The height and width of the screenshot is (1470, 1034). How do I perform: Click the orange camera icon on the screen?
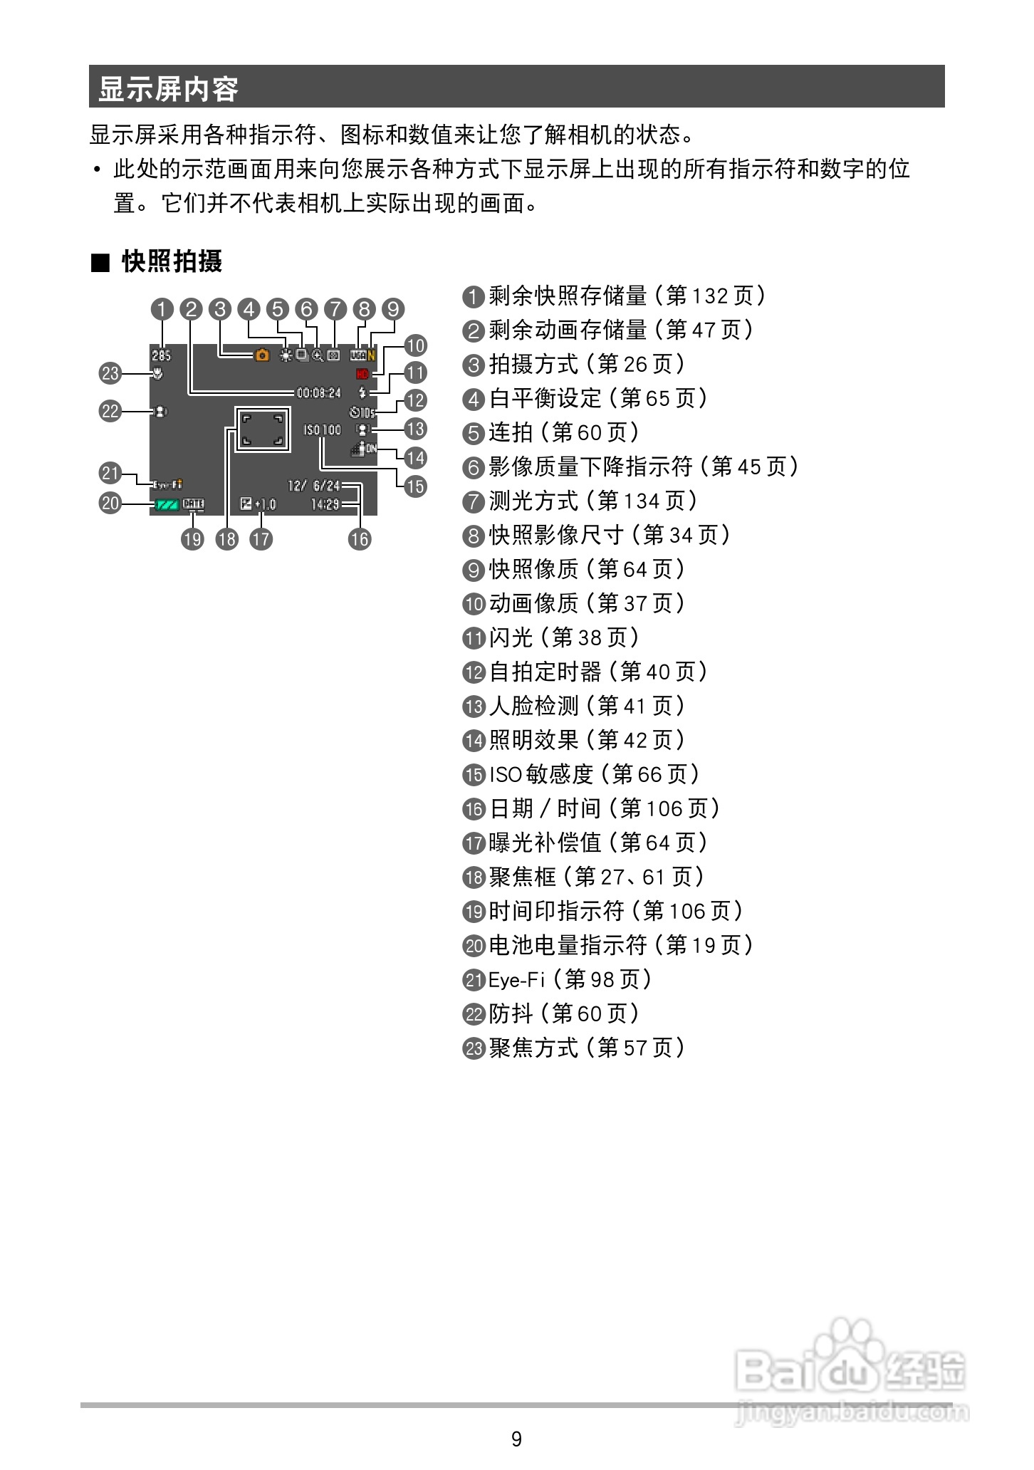coord(262,355)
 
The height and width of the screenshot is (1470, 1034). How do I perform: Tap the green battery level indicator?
coord(167,505)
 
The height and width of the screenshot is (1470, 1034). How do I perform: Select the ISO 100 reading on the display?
coord(322,430)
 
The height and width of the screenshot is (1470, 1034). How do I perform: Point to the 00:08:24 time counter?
coord(318,392)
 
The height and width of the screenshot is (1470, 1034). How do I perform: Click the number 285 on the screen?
coord(161,355)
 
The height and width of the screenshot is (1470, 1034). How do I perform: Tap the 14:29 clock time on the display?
coord(325,505)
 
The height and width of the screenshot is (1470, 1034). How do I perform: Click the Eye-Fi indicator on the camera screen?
coord(167,485)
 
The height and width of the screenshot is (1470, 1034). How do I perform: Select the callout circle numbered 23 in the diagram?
coord(110,373)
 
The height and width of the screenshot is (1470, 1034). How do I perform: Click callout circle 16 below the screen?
coord(360,539)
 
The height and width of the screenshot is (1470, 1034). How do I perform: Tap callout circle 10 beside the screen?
coord(415,345)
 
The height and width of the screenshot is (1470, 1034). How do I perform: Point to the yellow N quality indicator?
coord(372,355)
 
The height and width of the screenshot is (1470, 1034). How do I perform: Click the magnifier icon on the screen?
coord(317,355)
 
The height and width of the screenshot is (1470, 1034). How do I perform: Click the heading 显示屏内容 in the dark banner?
coord(168,89)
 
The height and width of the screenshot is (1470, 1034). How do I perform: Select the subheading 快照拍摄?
coord(172,261)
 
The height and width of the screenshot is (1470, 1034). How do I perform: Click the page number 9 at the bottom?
coord(517,1439)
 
